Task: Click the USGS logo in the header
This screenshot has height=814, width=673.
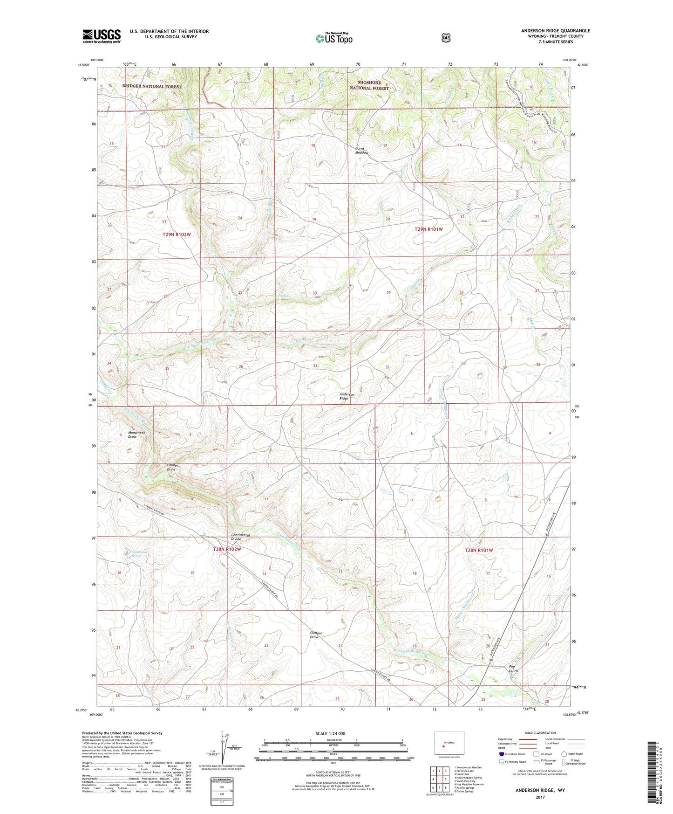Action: [x=102, y=36]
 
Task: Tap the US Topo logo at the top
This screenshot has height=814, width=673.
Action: [x=333, y=38]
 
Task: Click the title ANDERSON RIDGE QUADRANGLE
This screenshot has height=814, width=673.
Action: [x=555, y=31]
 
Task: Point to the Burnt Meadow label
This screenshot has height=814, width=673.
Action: [x=362, y=151]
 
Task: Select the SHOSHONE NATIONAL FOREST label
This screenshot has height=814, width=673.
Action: [x=369, y=85]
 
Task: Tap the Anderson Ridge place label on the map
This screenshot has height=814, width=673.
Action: [x=347, y=397]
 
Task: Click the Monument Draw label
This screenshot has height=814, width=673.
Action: [x=136, y=435]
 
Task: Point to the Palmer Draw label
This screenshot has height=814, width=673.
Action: [x=173, y=467]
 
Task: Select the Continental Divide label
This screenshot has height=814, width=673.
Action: [x=241, y=537]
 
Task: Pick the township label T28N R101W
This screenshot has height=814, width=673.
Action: [x=478, y=550]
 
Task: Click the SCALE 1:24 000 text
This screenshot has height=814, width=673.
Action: [x=330, y=734]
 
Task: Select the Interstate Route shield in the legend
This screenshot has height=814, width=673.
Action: [x=502, y=754]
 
